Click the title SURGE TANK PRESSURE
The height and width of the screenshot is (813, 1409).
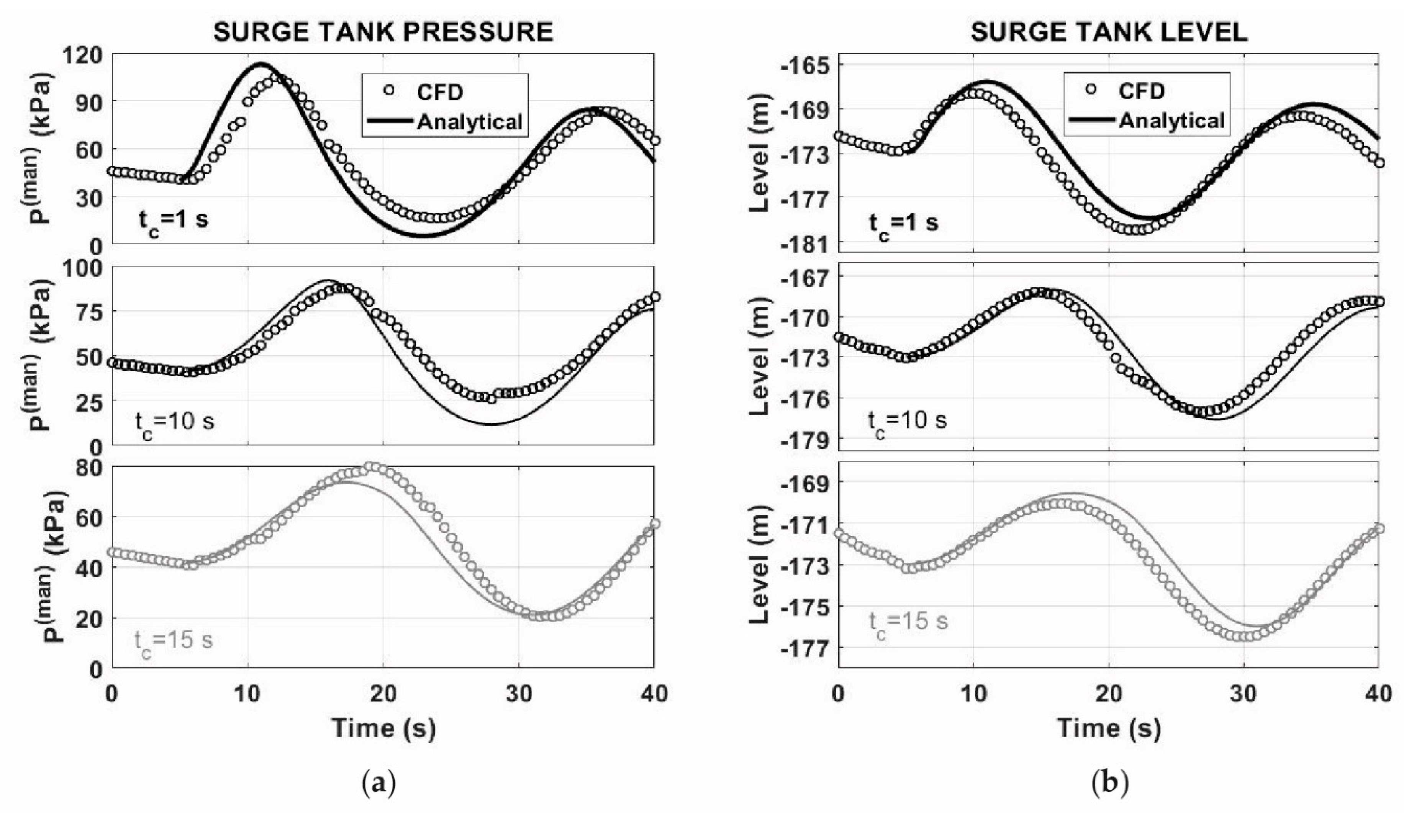383,32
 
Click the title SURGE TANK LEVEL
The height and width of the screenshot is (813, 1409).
1109,32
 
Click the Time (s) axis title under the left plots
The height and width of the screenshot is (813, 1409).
383,728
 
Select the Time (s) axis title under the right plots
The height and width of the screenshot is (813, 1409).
1109,728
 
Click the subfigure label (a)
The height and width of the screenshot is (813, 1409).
379,783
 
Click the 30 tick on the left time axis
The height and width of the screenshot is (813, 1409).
519,693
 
